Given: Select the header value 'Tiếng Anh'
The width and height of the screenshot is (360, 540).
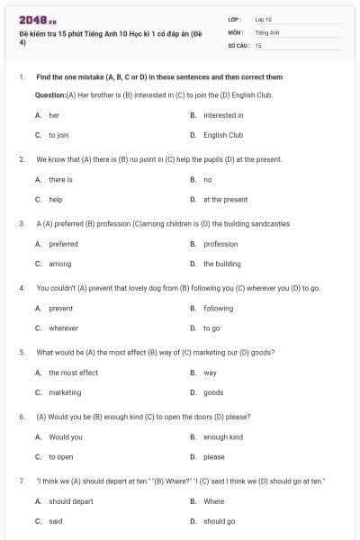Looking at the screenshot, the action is (266, 31).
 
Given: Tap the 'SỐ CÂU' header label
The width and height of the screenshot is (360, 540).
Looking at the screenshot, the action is (238, 44).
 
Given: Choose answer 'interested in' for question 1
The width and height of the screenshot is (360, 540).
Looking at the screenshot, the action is (223, 115).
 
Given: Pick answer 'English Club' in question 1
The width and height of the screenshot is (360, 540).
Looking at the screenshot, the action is (223, 135).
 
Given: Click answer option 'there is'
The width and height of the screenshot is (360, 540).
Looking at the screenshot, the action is (60, 180).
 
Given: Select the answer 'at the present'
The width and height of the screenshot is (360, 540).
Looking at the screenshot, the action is (225, 200).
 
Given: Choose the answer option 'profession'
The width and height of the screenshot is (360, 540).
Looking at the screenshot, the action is (220, 244).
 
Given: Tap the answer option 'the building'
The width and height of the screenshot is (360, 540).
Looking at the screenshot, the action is (221, 264).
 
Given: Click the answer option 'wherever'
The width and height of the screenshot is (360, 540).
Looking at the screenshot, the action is (63, 328).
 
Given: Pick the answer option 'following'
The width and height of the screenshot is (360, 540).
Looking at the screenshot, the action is (218, 309).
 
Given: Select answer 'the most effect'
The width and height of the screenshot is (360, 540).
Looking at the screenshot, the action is (73, 373).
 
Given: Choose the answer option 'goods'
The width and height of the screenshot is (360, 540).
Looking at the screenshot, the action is (213, 392).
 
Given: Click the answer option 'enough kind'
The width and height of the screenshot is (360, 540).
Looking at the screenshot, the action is (223, 437).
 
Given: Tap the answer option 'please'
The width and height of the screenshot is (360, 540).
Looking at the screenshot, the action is (214, 457).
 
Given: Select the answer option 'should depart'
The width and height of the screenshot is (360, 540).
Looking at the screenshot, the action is (71, 501).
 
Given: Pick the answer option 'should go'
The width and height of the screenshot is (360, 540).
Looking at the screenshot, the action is (219, 521).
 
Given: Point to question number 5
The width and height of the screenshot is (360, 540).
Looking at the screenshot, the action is (22, 352).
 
